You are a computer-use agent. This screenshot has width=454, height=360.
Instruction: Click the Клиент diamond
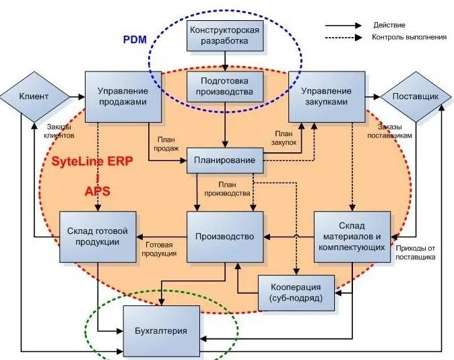[x=34, y=96]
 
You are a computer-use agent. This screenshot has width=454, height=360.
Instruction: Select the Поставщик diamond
[x=415, y=96]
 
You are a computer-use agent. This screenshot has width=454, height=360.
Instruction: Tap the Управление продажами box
[x=123, y=96]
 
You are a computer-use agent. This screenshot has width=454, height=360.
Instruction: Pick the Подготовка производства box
[x=224, y=86]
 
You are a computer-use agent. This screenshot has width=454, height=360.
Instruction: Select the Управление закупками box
[x=325, y=96]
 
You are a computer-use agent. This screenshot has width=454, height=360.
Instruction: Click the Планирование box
[x=224, y=160]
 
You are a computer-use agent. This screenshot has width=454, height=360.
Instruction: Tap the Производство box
[x=224, y=237]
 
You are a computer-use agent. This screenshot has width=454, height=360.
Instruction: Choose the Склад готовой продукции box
[x=98, y=237]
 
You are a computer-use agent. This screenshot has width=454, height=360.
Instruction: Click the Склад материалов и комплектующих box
[x=352, y=237]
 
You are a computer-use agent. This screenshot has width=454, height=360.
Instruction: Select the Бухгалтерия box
[x=162, y=331]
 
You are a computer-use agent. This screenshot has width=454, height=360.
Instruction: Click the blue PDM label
[x=133, y=39]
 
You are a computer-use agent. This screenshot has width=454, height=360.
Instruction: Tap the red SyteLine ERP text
[x=92, y=161]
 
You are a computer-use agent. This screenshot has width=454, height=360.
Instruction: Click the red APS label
[x=97, y=191]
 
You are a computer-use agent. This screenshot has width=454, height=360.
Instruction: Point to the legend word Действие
[x=389, y=25]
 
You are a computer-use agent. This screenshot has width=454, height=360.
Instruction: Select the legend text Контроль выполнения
[x=409, y=37]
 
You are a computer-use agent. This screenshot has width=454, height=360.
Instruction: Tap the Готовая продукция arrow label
[x=160, y=249]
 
